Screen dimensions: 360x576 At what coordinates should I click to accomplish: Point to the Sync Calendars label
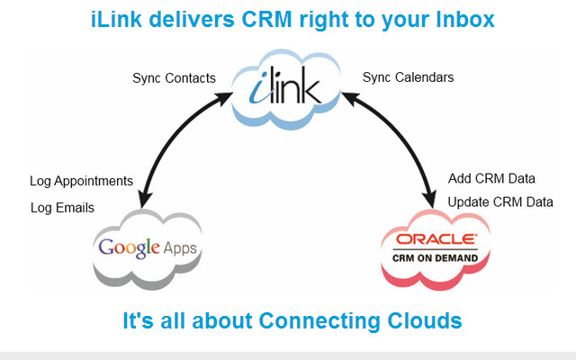[x=408, y=77]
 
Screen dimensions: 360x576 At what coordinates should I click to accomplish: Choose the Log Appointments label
[x=81, y=181]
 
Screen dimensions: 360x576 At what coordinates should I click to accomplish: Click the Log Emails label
[x=62, y=208]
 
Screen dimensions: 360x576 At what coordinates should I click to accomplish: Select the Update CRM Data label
[x=499, y=202]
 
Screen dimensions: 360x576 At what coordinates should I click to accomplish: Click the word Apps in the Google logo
[x=177, y=247]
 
